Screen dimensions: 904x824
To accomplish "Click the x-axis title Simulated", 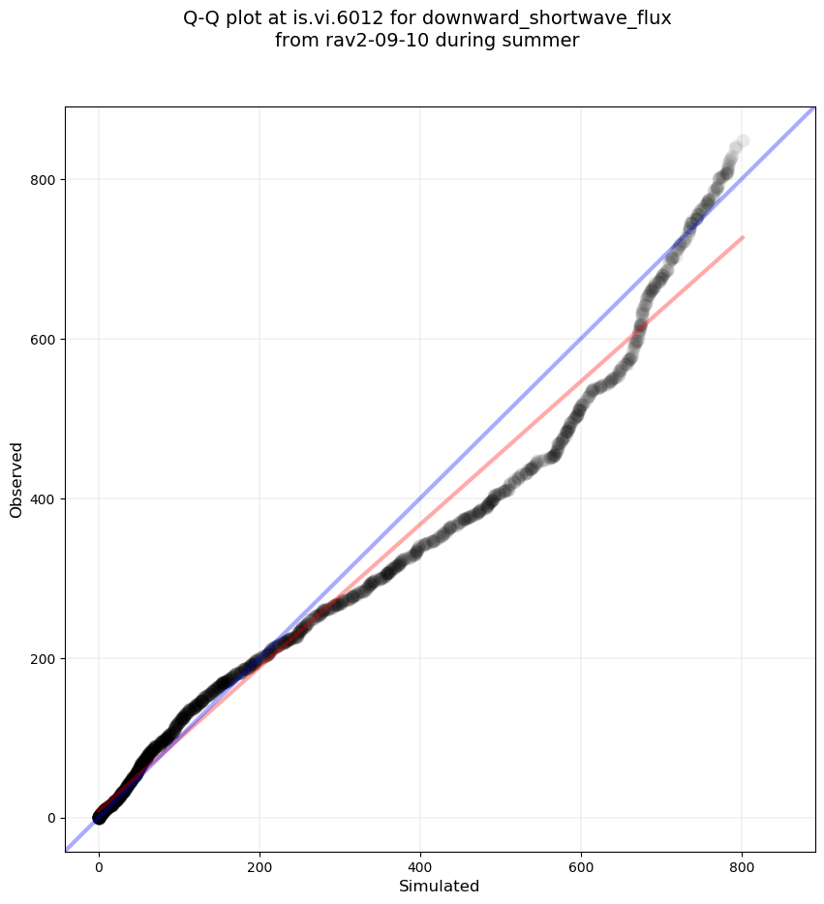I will click(x=440, y=886).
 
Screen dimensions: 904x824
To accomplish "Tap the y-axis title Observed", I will click(x=16, y=479).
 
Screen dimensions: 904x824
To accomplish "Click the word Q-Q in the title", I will click(x=201, y=17).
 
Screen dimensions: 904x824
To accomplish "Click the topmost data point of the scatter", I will click(x=743, y=141).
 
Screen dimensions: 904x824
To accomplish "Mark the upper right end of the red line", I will click(x=743, y=236).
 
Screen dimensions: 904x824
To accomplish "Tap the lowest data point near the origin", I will click(x=99, y=818).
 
